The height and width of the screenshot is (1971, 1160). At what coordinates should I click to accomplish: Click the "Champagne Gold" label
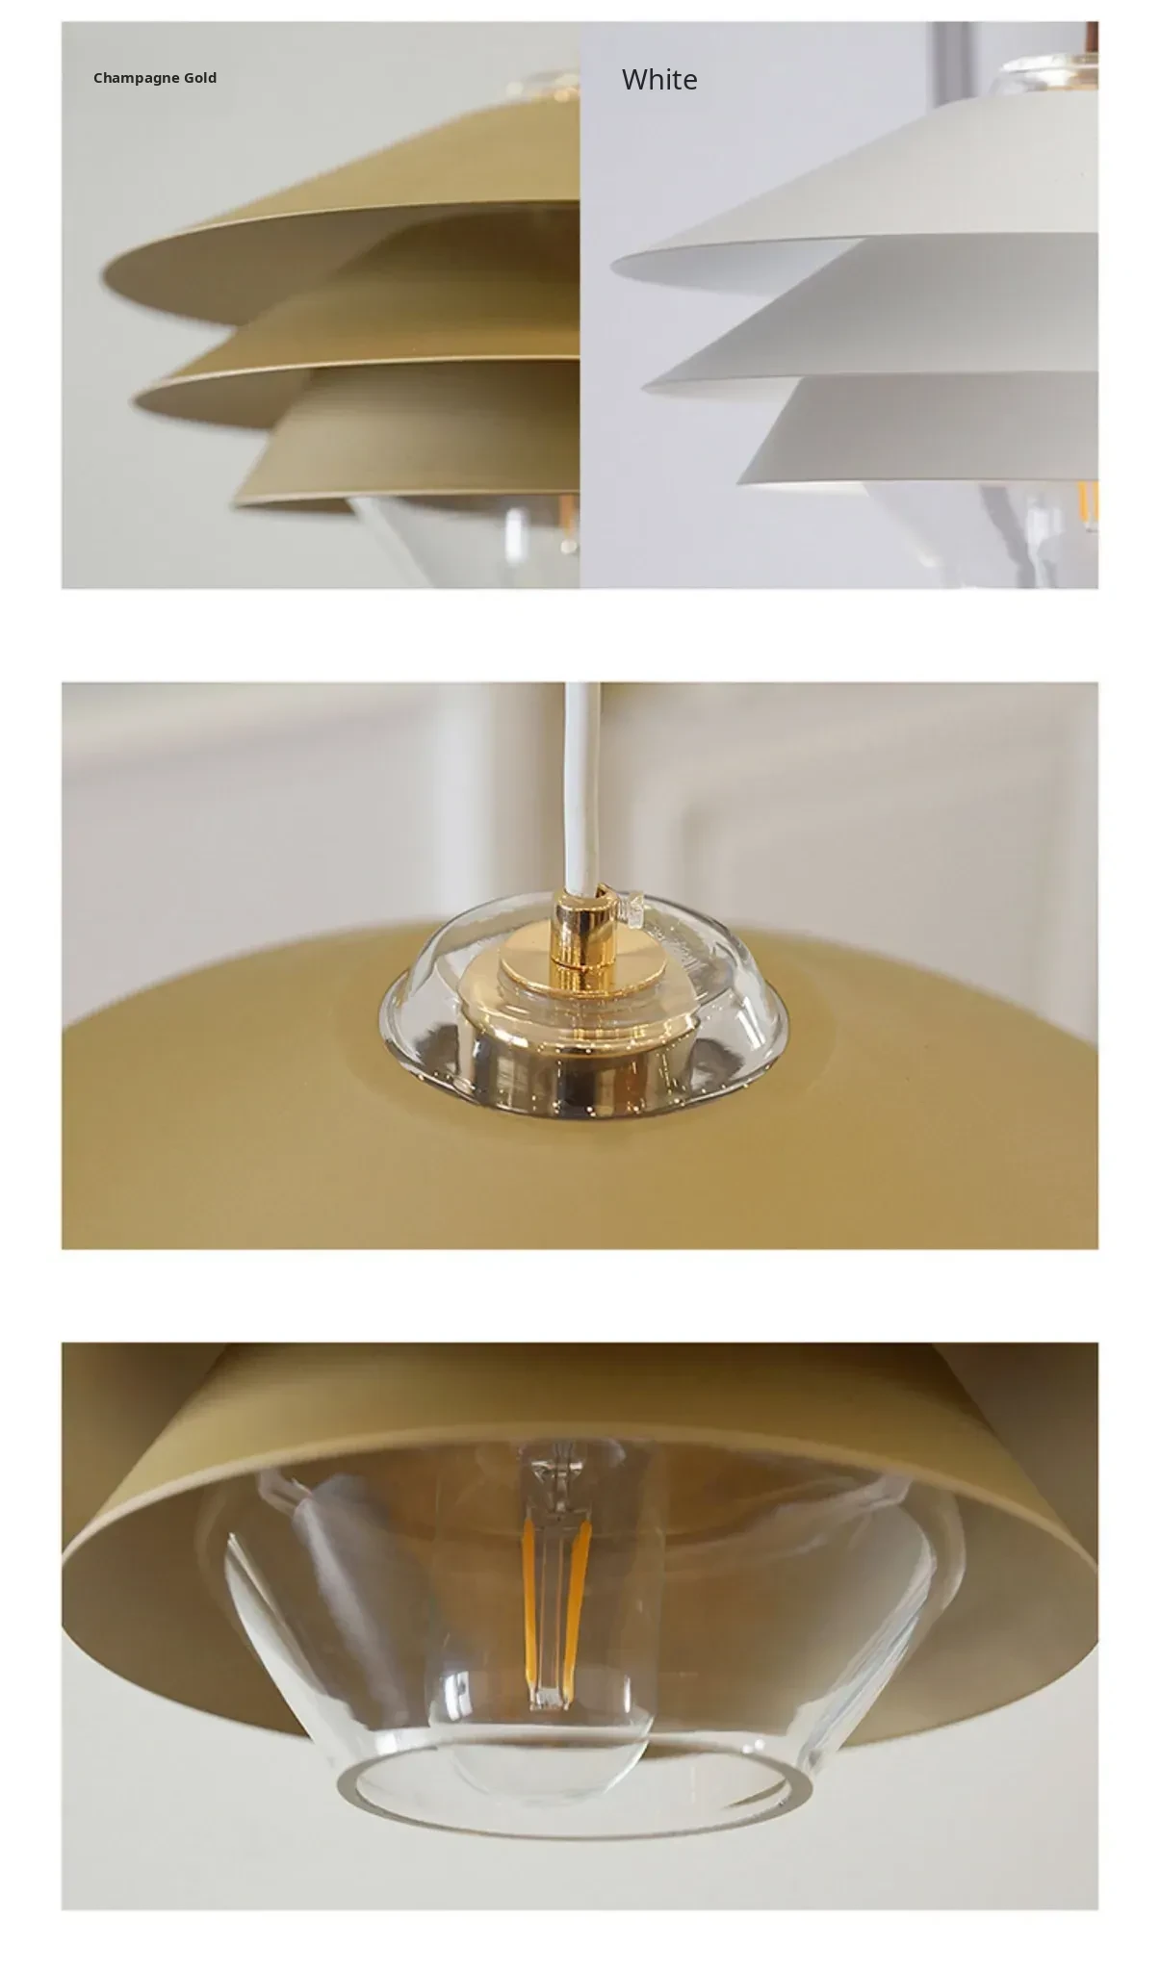155,78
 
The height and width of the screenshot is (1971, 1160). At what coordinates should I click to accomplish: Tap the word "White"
659,79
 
